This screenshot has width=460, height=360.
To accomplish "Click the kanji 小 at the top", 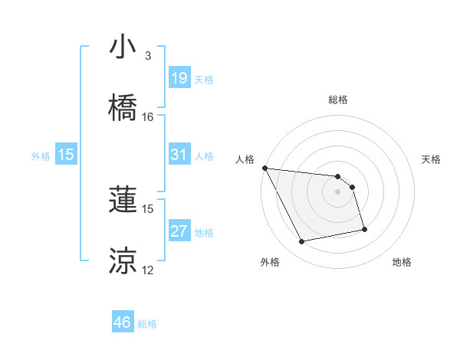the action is [123, 47].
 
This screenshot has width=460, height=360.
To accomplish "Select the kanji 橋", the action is [123, 108].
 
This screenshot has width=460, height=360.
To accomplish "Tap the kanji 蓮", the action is [123, 200].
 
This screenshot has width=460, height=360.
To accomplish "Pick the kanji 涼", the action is [123, 261].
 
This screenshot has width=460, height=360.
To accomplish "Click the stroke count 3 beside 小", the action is [147, 56].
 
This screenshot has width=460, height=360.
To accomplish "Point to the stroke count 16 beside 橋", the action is [147, 117].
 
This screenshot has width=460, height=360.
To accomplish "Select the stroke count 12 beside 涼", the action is [147, 270].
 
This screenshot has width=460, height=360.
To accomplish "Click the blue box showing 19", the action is [179, 78].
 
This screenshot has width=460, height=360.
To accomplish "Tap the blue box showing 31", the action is [179, 155].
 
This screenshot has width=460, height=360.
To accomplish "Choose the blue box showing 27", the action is [179, 231].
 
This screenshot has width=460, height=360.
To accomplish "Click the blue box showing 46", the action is [122, 322].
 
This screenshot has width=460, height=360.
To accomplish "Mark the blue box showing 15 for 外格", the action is [66, 155].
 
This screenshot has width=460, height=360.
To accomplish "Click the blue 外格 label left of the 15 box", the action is [41, 155].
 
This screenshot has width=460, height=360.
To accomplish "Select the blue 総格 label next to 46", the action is [147, 324].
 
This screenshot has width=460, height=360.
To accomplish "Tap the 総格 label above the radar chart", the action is [337, 100].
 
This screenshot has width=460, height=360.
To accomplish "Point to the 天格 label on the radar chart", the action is [431, 159].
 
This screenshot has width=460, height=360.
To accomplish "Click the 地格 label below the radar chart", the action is [402, 262].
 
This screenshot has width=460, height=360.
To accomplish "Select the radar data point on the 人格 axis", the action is [264, 168].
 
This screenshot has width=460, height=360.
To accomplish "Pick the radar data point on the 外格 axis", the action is [302, 242].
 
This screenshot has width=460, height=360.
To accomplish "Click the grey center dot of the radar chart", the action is [337, 191].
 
